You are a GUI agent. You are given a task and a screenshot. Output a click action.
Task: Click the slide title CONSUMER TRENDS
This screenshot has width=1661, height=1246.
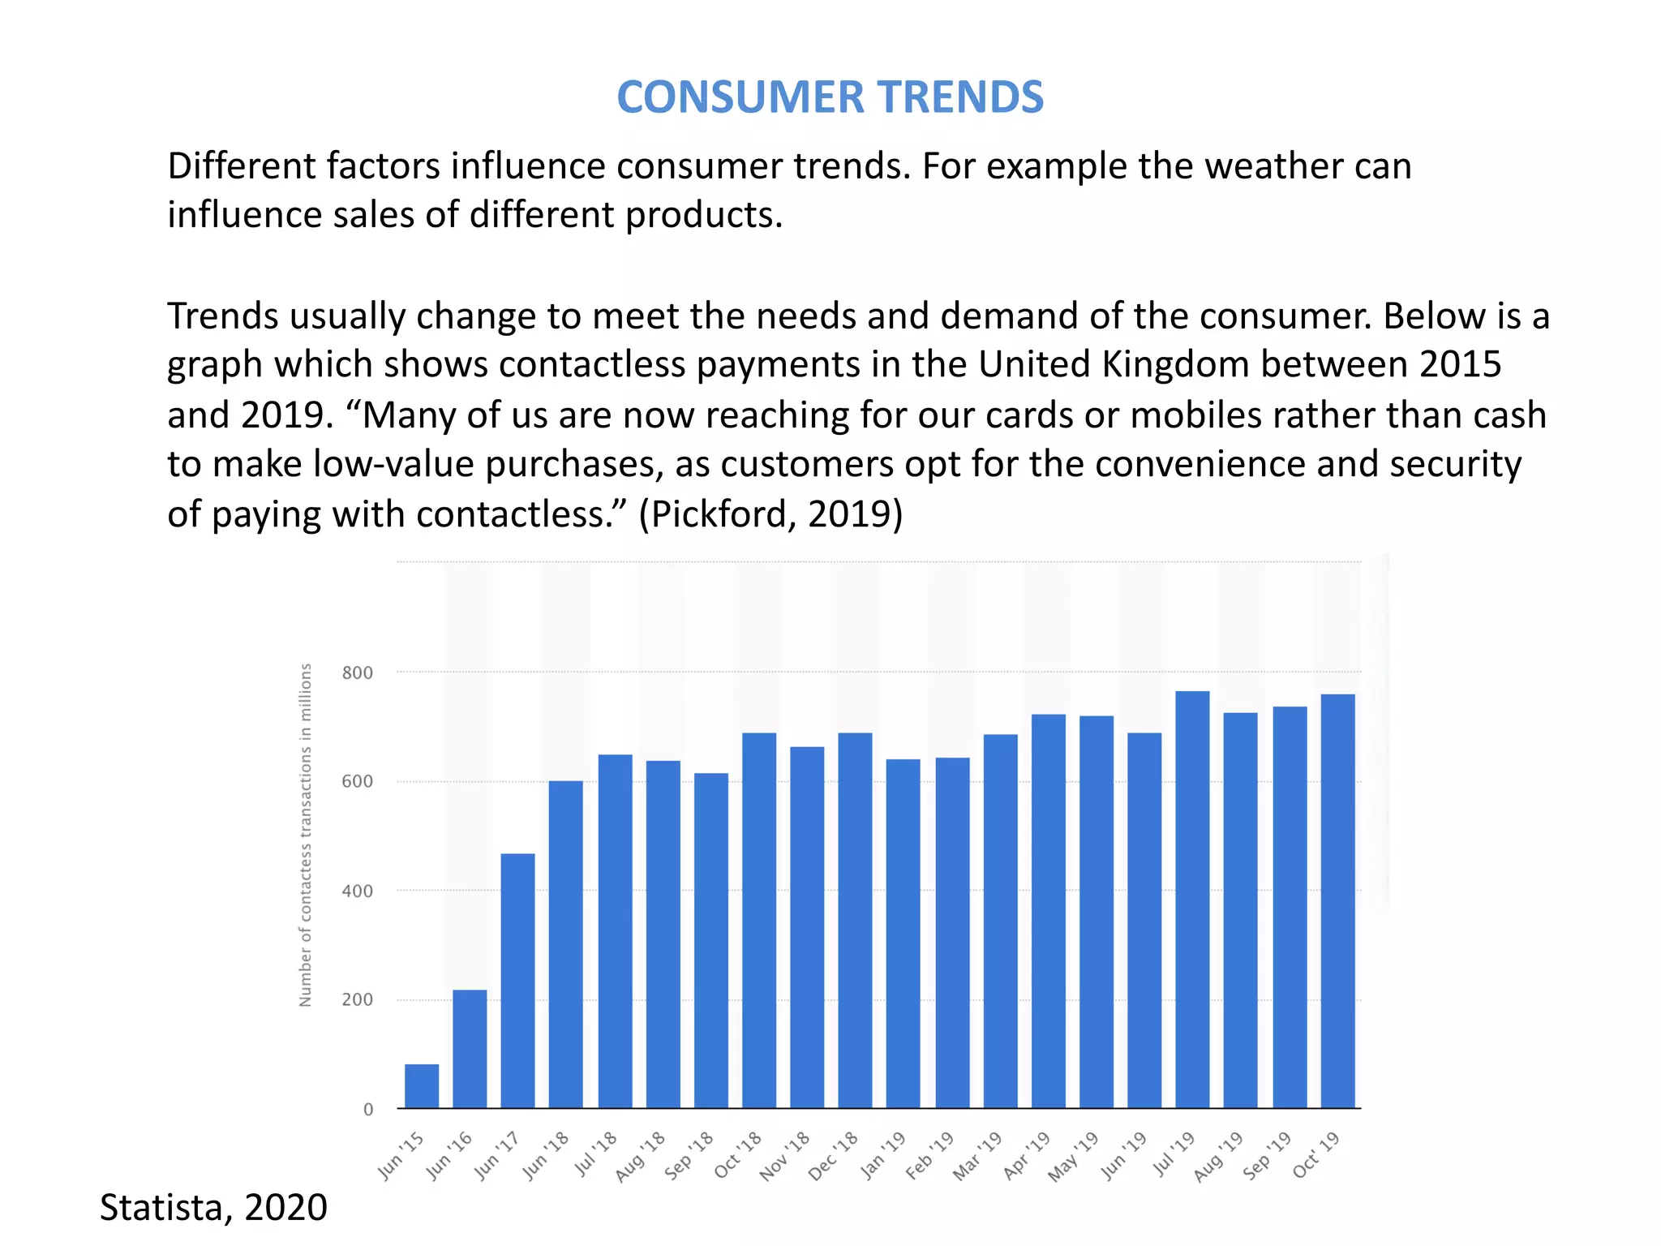pyautogui.click(x=830, y=97)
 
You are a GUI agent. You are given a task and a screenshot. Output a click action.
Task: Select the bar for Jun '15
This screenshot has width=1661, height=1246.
pyautogui.click(x=422, y=1086)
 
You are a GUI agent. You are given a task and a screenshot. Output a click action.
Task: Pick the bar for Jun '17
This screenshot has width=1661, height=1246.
pyautogui.click(x=517, y=981)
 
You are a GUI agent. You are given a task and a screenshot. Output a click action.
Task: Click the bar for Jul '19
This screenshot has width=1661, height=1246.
pyautogui.click(x=1192, y=900)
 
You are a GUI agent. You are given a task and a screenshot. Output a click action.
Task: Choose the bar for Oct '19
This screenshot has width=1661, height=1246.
pyautogui.click(x=1337, y=901)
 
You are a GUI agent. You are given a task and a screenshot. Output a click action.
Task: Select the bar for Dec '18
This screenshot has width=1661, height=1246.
pyautogui.click(x=855, y=921)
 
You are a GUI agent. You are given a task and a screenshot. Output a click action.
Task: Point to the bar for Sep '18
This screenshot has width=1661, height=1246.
pyautogui.click(x=711, y=941)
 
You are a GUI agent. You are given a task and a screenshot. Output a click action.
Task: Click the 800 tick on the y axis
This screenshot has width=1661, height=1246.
pyautogui.click(x=358, y=672)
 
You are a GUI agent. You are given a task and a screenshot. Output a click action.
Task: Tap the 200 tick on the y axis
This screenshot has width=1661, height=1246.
pyautogui.click(x=358, y=1000)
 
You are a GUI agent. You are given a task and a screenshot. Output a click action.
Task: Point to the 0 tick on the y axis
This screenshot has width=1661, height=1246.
pyautogui.click(x=368, y=1110)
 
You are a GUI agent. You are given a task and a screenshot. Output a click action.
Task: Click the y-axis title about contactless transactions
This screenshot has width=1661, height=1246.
pyautogui.click(x=306, y=836)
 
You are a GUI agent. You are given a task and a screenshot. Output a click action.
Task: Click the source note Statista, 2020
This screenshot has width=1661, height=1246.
pyautogui.click(x=213, y=1207)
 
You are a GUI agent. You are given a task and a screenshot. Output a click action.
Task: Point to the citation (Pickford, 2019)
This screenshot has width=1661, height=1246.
pyautogui.click(x=770, y=514)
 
